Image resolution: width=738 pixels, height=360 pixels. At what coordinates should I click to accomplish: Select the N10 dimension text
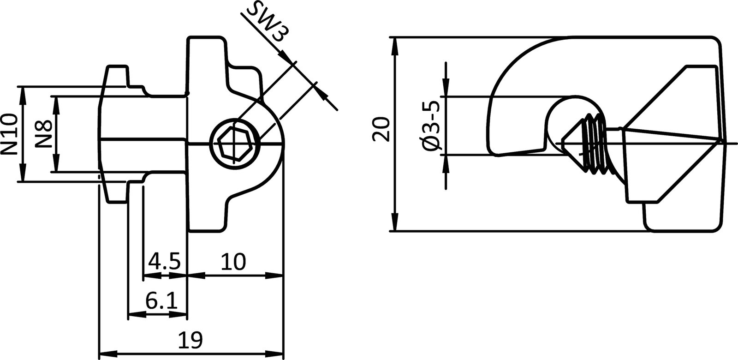tap(10, 134)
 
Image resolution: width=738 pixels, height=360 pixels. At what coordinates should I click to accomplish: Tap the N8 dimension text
tap(43, 134)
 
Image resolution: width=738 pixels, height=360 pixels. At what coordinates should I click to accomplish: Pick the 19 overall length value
tap(190, 341)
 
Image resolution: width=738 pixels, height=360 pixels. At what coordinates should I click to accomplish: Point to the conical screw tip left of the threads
tap(572, 139)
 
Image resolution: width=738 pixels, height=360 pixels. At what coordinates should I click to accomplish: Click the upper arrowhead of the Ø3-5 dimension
tap(446, 90)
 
